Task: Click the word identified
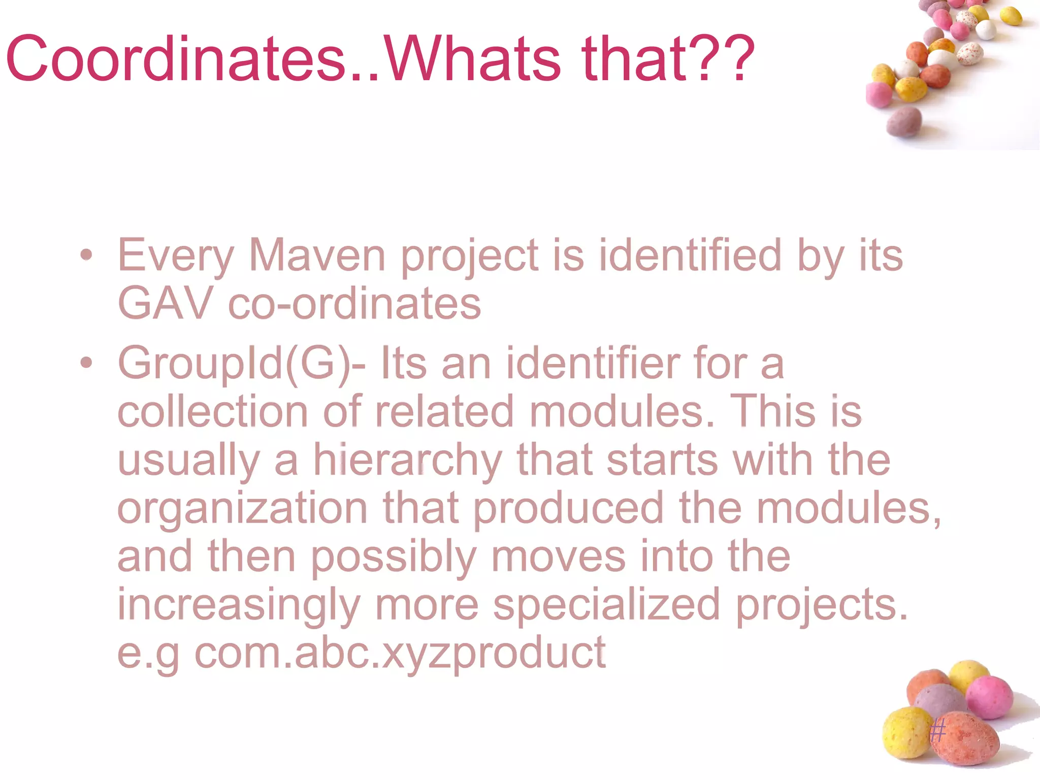coord(690,255)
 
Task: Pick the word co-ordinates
coord(354,303)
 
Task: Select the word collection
coord(213,411)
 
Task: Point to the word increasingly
coord(239,604)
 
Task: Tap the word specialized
coord(606,604)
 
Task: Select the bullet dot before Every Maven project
coord(86,255)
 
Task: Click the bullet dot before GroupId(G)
coord(86,363)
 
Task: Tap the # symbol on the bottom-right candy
coord(937,732)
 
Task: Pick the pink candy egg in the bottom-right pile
coord(989,697)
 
